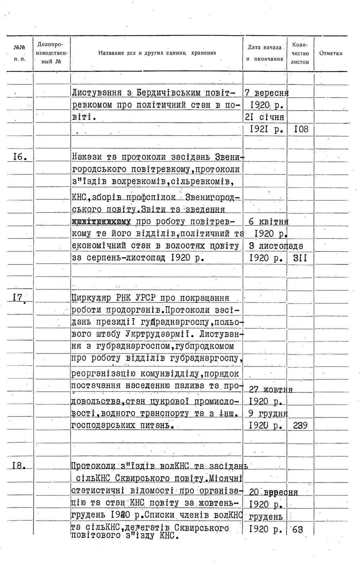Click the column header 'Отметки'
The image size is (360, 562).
point(330,53)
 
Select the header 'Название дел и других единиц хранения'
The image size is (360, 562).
point(157,53)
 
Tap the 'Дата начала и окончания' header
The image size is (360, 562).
point(265,53)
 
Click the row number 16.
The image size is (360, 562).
point(20,157)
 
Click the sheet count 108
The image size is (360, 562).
point(301,129)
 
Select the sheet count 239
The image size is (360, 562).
point(300,426)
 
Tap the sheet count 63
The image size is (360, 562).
point(297,529)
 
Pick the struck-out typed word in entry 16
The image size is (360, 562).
point(101,222)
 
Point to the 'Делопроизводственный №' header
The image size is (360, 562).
point(52,53)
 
